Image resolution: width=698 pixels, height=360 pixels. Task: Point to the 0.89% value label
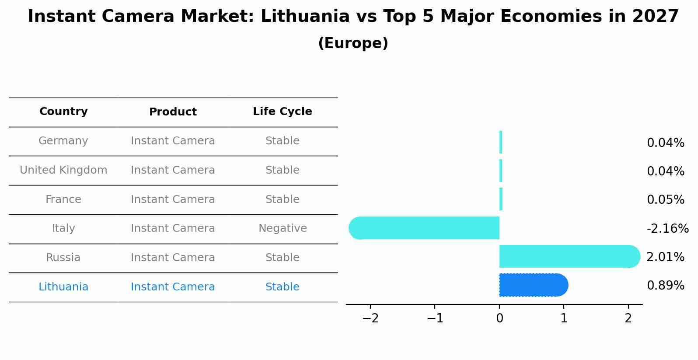(x=665, y=286)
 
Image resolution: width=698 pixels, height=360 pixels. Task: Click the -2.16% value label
(x=667, y=229)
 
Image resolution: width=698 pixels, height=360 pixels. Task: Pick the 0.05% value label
(x=665, y=200)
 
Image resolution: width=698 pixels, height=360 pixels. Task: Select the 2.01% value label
(x=665, y=257)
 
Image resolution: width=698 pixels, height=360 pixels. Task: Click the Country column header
(x=63, y=112)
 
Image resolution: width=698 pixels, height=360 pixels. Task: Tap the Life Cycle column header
(x=282, y=112)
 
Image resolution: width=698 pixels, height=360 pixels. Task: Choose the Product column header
(x=173, y=112)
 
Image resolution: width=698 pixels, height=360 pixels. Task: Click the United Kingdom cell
(x=63, y=170)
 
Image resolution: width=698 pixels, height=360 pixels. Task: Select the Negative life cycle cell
(x=283, y=228)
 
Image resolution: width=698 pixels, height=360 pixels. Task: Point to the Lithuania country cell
(x=63, y=287)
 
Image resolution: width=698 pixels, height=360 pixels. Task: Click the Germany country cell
(x=63, y=141)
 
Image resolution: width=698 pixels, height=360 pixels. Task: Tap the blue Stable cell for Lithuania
(x=282, y=287)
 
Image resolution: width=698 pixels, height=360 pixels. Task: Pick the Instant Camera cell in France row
(x=173, y=199)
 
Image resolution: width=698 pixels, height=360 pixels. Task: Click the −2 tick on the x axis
(x=370, y=318)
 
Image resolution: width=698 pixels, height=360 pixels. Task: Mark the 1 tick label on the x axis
(x=564, y=318)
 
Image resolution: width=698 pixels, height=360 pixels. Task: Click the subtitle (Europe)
(x=353, y=43)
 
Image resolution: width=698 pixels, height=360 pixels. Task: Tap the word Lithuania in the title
(x=305, y=17)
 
